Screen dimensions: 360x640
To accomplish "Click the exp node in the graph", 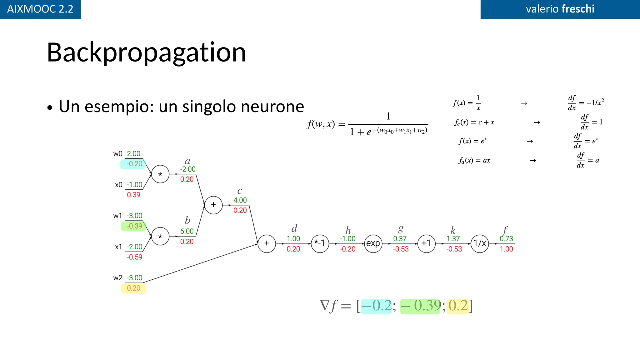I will [x=373, y=243].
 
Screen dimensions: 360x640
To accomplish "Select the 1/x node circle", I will [x=480, y=243].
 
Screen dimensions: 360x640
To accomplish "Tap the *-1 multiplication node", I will [x=320, y=243].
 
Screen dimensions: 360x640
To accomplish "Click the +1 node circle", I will [x=426, y=243].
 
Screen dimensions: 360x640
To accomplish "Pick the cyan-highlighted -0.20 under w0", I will [x=134, y=164].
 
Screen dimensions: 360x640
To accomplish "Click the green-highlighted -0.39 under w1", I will [x=134, y=226].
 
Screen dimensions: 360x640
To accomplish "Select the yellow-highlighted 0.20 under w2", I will [x=133, y=288].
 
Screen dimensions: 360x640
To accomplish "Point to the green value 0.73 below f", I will [x=506, y=239].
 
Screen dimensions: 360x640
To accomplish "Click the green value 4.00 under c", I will [x=240, y=200].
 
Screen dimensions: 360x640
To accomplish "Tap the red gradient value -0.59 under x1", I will [x=134, y=257].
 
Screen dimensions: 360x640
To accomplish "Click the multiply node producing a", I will [x=160, y=174].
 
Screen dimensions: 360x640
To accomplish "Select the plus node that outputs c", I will [x=213, y=205].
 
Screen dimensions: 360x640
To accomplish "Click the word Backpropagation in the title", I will [x=146, y=52].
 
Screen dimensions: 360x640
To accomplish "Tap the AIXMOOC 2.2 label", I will [x=40, y=9].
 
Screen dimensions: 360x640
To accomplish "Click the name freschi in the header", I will [x=578, y=9].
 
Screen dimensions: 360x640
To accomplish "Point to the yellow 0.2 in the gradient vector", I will [x=458, y=306].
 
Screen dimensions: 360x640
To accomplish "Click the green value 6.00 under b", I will [x=187, y=231].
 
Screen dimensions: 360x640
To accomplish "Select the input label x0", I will [x=118, y=185].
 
